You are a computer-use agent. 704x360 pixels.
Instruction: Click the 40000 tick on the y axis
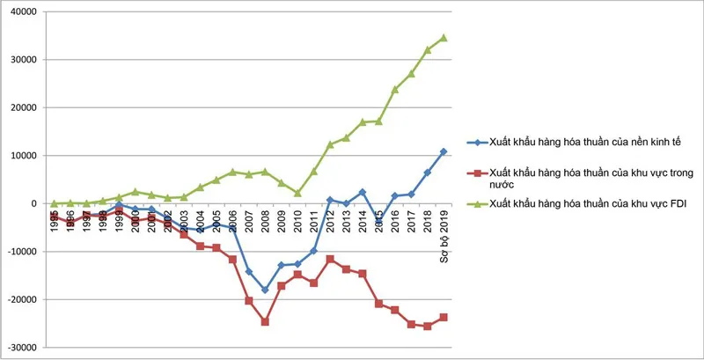24,11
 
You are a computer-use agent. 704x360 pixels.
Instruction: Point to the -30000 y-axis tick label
22,348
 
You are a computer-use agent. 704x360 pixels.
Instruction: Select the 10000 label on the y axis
24,156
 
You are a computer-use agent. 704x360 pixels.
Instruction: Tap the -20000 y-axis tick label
22,299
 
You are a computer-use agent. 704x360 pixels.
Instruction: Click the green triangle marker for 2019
444,38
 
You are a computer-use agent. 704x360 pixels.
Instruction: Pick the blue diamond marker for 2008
265,290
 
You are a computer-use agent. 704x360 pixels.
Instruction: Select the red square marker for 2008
265,322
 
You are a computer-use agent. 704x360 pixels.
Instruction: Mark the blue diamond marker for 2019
444,151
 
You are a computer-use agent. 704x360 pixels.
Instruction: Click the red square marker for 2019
444,317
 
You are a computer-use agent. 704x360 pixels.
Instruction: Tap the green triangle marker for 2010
297,193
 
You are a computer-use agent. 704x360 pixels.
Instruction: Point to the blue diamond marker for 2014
363,192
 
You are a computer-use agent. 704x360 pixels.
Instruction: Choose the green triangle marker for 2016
395,89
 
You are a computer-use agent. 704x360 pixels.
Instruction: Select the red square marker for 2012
330,259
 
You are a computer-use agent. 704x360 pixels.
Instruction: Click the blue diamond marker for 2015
379,224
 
